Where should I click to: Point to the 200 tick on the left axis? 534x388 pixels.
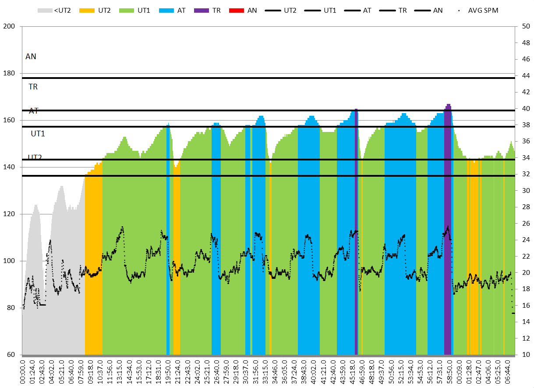[10, 27]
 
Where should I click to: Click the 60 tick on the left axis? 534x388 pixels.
[11, 355]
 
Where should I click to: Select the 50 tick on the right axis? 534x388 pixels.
[523, 27]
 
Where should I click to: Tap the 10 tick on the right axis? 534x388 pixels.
[523, 355]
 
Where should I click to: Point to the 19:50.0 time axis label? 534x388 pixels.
[168, 373]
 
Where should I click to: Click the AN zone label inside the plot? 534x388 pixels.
[31, 57]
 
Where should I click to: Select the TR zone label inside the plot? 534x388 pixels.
[33, 87]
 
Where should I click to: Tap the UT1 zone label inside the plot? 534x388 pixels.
[38, 134]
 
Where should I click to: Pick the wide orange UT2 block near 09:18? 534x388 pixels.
[93, 263]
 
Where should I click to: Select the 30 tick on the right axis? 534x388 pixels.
[523, 191]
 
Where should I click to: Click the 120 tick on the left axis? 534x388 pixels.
[10, 214]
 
